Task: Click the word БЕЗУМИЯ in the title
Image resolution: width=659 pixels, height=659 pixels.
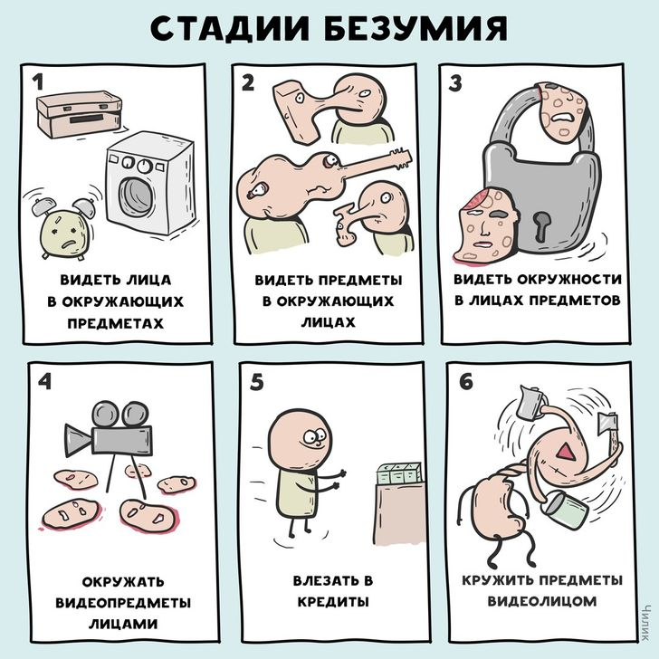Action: point(416,29)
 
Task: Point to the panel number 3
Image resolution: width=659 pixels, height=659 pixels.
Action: point(455,83)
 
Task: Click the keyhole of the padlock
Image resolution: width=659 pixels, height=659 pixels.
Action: point(541,225)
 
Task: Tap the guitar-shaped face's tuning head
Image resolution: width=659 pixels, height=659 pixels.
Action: point(400,158)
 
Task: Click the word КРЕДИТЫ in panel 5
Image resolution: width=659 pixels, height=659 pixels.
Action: point(333,601)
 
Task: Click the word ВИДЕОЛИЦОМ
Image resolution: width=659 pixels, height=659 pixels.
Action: point(541,601)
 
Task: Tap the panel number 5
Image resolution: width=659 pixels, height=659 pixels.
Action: point(257,382)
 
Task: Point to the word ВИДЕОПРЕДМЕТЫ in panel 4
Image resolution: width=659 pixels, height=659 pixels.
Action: point(123,603)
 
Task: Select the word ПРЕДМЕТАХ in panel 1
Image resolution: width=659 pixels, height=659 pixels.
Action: point(116,323)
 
